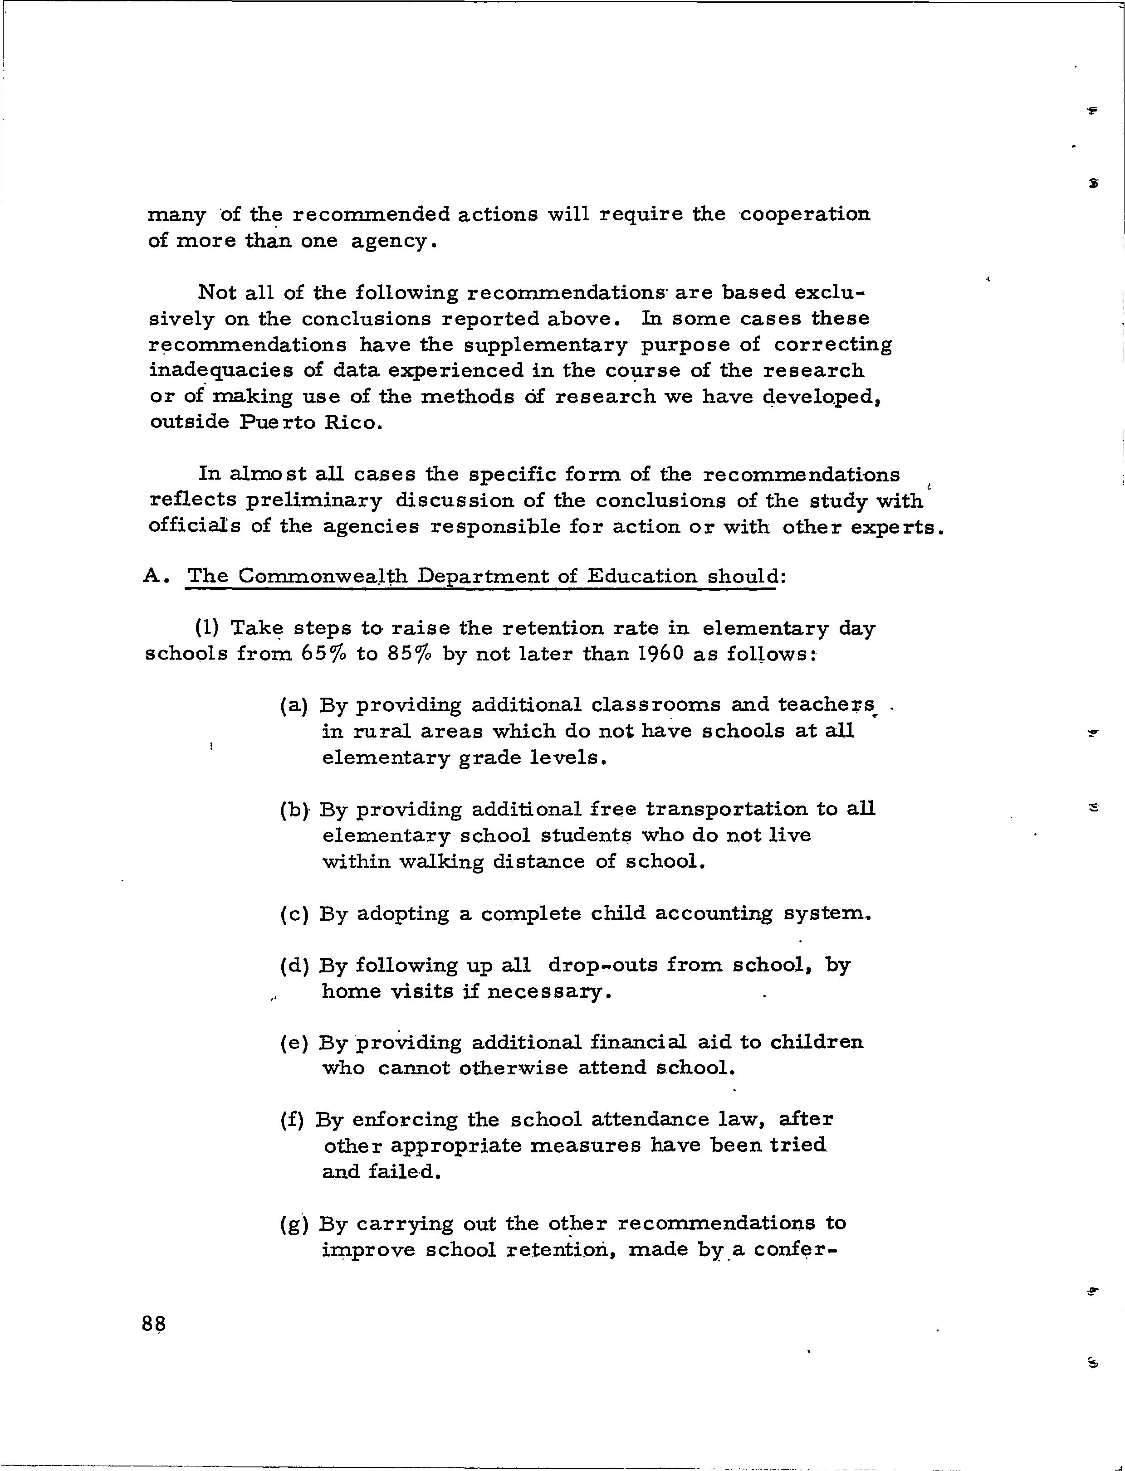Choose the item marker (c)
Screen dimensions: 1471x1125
[x=294, y=914]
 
